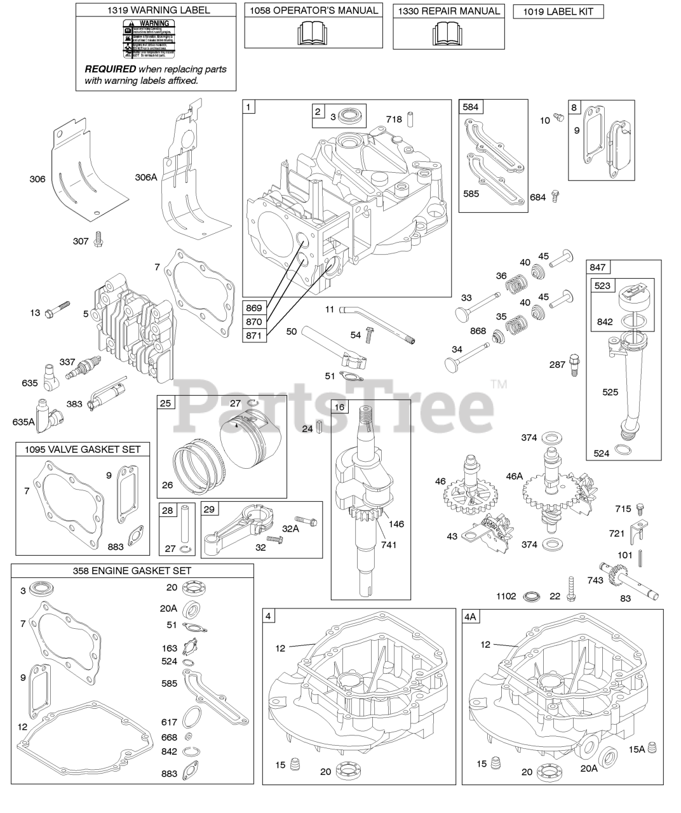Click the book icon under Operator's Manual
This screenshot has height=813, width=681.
coord(313,33)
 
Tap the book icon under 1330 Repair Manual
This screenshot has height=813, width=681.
coord(448,33)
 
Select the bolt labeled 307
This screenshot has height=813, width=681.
coord(98,239)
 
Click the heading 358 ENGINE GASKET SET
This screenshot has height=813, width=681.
coord(132,570)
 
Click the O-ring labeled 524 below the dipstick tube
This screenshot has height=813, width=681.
coord(625,450)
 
